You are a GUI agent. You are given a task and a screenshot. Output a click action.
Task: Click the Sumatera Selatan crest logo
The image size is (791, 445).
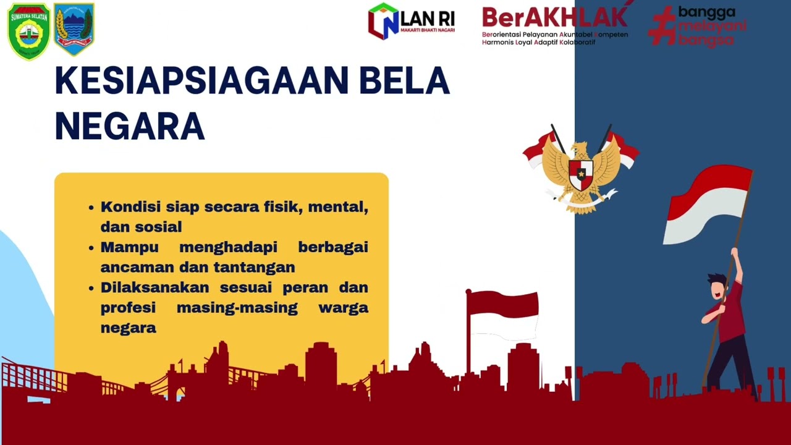tap(29, 31)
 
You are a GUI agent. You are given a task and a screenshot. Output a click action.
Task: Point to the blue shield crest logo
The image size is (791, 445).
tap(74, 29)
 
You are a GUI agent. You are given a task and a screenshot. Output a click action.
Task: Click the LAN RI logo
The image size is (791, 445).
tap(411, 22)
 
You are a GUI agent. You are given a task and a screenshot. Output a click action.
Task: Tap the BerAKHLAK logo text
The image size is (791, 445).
tap(554, 18)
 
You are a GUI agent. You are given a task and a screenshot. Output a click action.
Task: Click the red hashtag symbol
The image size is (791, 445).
tap(662, 25)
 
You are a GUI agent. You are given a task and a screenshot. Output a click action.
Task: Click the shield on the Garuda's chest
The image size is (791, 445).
tap(580, 174)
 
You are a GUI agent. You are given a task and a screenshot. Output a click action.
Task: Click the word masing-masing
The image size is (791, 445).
tap(237, 307)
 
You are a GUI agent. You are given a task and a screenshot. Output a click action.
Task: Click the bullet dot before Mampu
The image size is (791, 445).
tap(91, 248)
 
